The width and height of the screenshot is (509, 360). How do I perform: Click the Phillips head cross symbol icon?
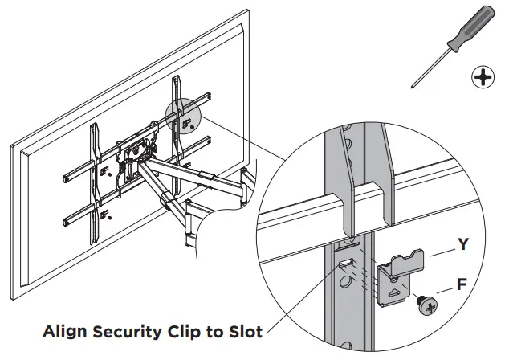(482, 77)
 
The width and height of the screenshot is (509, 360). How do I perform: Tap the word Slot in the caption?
(245, 330)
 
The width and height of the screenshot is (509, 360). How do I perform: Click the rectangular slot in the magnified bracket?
(344, 264)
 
